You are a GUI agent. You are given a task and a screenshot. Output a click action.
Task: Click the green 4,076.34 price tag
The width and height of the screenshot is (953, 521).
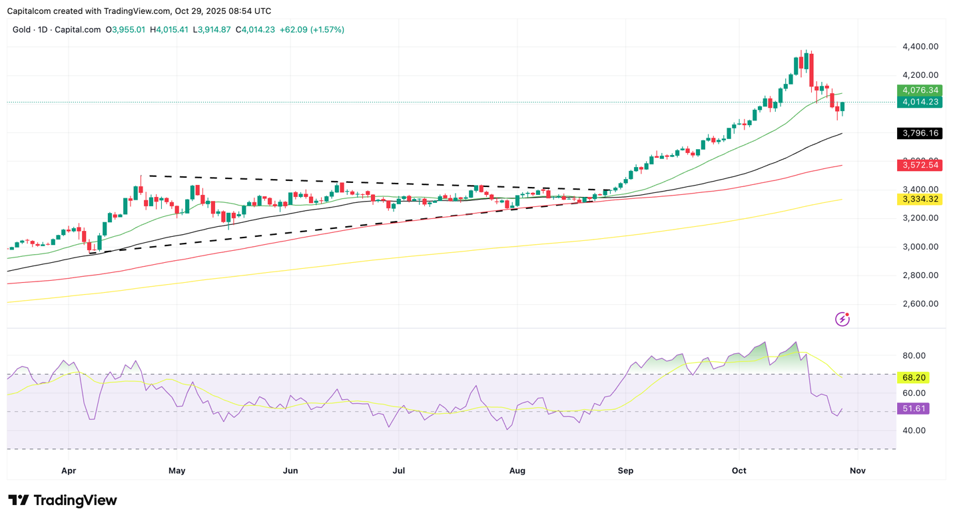click(x=919, y=90)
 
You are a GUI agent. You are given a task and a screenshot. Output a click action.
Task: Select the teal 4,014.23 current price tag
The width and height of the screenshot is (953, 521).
click(x=919, y=102)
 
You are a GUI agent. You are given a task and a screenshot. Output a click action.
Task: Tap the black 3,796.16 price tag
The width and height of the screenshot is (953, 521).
click(x=919, y=134)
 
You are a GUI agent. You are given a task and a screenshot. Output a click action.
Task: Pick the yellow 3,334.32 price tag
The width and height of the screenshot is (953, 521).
click(x=919, y=200)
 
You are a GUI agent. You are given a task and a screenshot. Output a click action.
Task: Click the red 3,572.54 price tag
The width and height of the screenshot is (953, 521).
click(x=919, y=165)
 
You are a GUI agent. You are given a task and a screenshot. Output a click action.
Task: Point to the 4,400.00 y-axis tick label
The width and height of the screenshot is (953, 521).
click(x=920, y=47)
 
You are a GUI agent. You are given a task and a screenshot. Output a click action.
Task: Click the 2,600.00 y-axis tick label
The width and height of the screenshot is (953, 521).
click(x=920, y=304)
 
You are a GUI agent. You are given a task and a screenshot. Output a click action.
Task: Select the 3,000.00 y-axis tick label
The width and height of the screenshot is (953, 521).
click(x=920, y=247)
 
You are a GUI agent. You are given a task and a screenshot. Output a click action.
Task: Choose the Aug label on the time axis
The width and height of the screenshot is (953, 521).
click(x=517, y=471)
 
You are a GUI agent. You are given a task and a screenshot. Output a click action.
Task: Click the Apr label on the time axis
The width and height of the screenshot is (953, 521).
click(x=69, y=471)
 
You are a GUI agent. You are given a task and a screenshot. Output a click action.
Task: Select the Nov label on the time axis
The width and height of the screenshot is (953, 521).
click(x=858, y=471)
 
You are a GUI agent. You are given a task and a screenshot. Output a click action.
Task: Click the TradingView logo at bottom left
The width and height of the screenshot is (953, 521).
click(x=63, y=500)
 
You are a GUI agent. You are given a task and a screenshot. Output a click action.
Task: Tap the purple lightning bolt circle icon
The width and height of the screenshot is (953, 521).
click(x=842, y=319)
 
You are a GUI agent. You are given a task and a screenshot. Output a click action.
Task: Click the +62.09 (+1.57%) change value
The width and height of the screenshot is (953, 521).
click(x=312, y=30)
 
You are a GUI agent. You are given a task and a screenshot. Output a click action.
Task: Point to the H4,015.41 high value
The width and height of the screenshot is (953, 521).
click(x=169, y=30)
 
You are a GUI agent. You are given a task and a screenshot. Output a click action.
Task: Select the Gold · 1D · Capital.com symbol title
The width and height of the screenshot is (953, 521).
click(x=57, y=30)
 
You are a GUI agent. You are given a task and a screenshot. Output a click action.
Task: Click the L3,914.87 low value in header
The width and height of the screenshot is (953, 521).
click(x=212, y=30)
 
